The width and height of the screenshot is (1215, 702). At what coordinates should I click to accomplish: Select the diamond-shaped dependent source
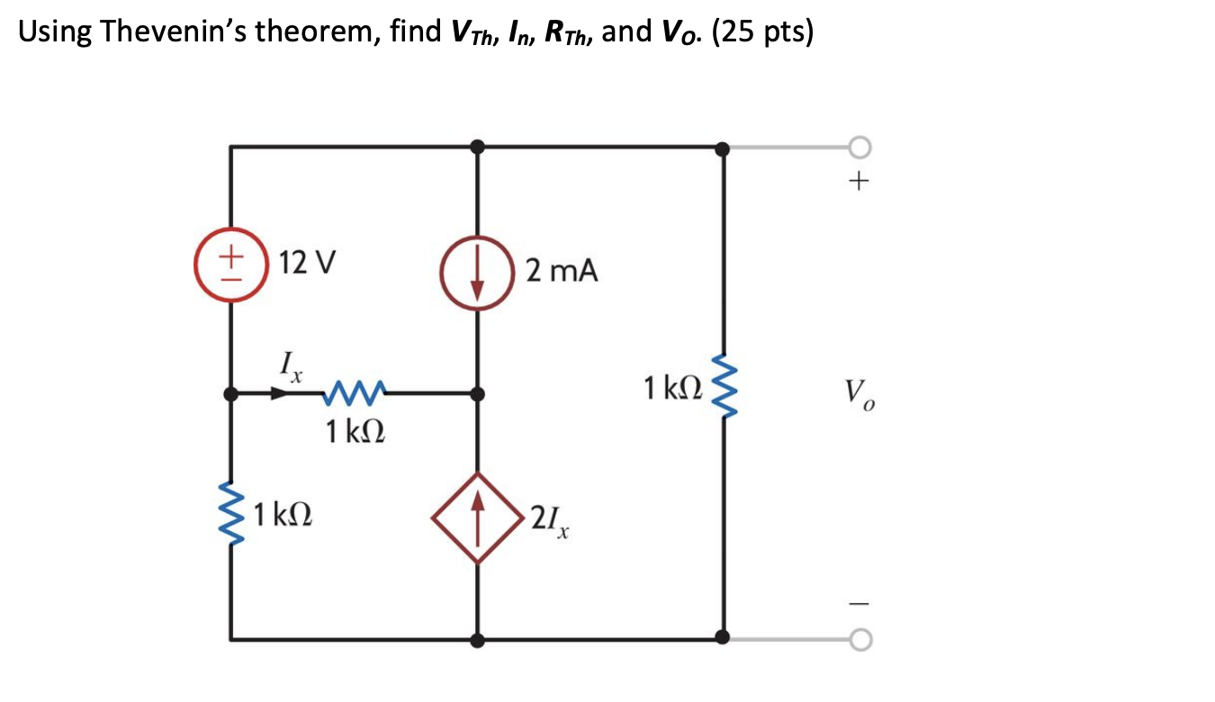pyautogui.click(x=477, y=517)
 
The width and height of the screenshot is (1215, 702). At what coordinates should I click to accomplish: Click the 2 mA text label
pyautogui.click(x=562, y=270)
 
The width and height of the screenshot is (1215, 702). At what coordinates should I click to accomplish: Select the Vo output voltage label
pyautogui.click(x=859, y=393)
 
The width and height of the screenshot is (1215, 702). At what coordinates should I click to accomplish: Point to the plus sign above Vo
pyautogui.click(x=859, y=183)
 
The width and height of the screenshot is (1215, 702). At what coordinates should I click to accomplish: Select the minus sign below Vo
pyautogui.click(x=859, y=599)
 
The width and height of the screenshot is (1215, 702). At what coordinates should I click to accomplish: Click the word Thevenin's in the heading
pyautogui.click(x=175, y=32)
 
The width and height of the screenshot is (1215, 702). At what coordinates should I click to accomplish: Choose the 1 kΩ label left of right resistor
pyautogui.click(x=672, y=389)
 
